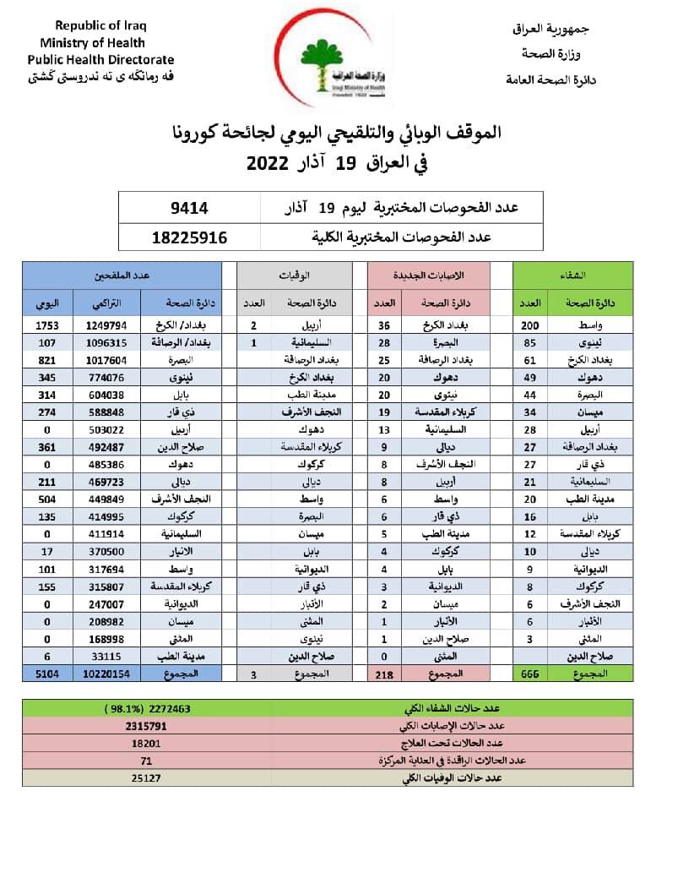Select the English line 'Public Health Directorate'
[100, 60]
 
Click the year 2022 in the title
[268, 164]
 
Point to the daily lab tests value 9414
[191, 207]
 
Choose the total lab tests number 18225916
[190, 237]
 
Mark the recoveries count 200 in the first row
[530, 325]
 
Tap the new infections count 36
[384, 325]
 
